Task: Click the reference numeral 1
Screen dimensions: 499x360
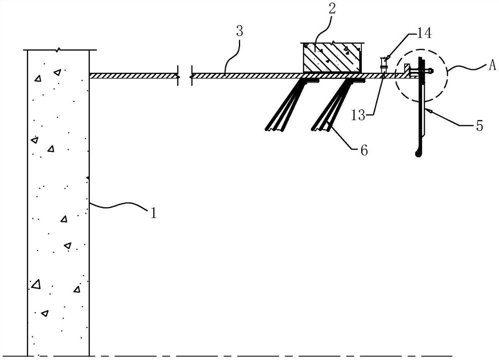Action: [154, 213]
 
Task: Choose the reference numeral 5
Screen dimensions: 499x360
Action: [480, 126]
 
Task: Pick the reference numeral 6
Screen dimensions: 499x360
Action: [364, 149]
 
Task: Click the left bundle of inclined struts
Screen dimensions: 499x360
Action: [288, 105]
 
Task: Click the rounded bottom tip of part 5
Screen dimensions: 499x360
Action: [418, 154]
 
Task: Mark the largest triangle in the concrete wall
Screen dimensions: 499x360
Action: [36, 284]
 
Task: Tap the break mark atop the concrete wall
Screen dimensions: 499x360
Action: [59, 50]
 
